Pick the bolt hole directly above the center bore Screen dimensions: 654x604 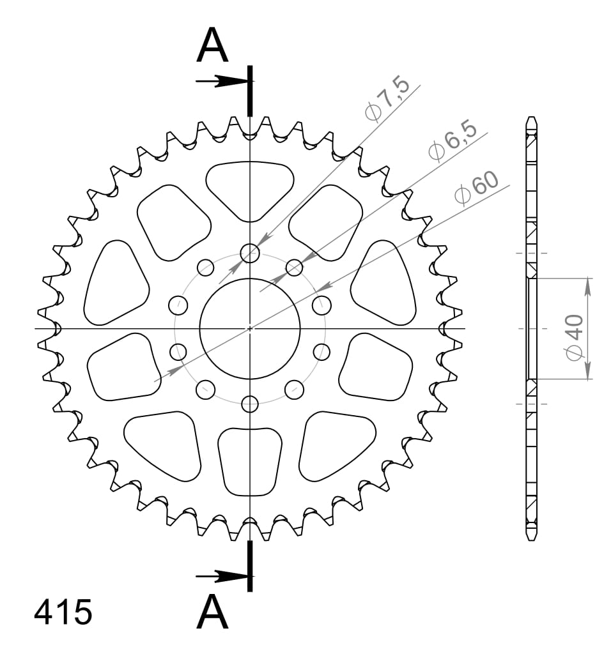250,254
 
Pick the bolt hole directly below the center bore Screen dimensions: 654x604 250,404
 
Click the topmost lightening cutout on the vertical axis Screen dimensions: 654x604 250,188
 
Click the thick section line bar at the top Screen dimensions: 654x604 250,89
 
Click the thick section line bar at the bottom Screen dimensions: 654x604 250,566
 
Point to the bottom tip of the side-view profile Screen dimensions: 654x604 531,540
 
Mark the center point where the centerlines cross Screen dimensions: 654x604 250,329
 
